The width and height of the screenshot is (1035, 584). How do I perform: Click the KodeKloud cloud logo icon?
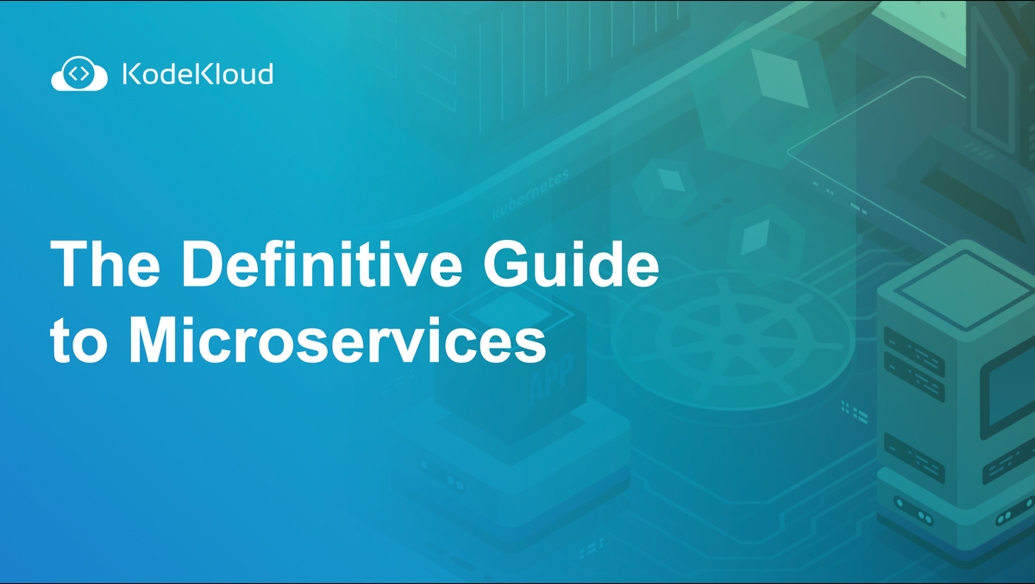pyautogui.click(x=78, y=74)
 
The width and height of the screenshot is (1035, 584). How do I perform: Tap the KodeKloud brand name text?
pyautogui.click(x=197, y=74)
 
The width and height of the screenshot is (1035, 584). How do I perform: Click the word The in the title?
pyautogui.click(x=103, y=262)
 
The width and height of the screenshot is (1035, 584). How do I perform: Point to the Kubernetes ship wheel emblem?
pyautogui.click(x=733, y=333)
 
